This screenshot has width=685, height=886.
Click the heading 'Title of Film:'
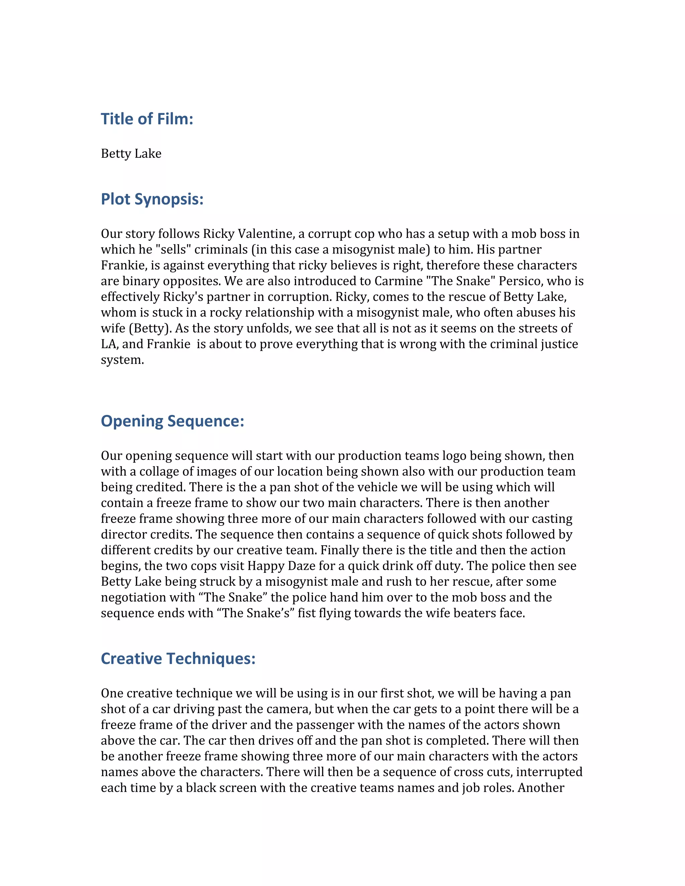click(x=147, y=119)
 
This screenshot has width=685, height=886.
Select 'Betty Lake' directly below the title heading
click(x=131, y=154)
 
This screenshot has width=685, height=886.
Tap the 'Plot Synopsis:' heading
click(x=152, y=199)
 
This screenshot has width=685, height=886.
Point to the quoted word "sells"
click(x=173, y=249)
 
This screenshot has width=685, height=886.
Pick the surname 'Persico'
click(x=521, y=281)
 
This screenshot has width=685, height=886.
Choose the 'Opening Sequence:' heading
click(x=173, y=421)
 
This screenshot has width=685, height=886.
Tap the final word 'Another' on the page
click(x=541, y=788)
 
